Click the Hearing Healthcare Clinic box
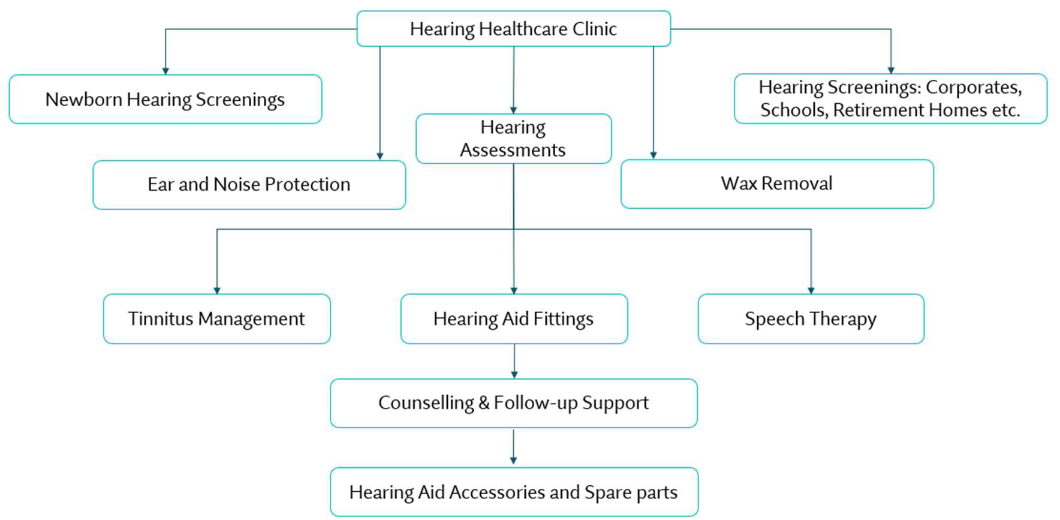pyautogui.click(x=513, y=28)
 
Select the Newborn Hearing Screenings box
pyautogui.click(x=165, y=99)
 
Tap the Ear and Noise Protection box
pyautogui.click(x=249, y=184)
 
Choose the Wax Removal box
pyautogui.click(x=776, y=184)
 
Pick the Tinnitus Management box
pyautogui.click(x=216, y=318)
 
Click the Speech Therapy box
pyautogui.click(x=811, y=318)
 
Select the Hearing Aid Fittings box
pyautogui.click(x=514, y=318)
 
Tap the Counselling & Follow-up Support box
pyautogui.click(x=513, y=402)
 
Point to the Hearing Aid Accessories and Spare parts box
pyautogui.click(x=514, y=492)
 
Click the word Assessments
pyautogui.click(x=513, y=150)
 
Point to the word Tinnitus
pyautogui.click(x=160, y=318)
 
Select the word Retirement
pyautogui.click(x=879, y=110)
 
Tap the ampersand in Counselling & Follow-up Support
pyautogui.click(x=484, y=403)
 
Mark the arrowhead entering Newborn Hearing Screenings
pyautogui.click(x=165, y=71)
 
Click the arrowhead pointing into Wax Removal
pyautogui.click(x=654, y=155)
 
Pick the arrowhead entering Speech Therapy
pyautogui.click(x=811, y=290)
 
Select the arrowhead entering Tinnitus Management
pyautogui.click(x=217, y=290)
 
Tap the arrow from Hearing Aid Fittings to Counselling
pyautogui.click(x=514, y=361)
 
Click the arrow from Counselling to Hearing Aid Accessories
pyautogui.click(x=513, y=447)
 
